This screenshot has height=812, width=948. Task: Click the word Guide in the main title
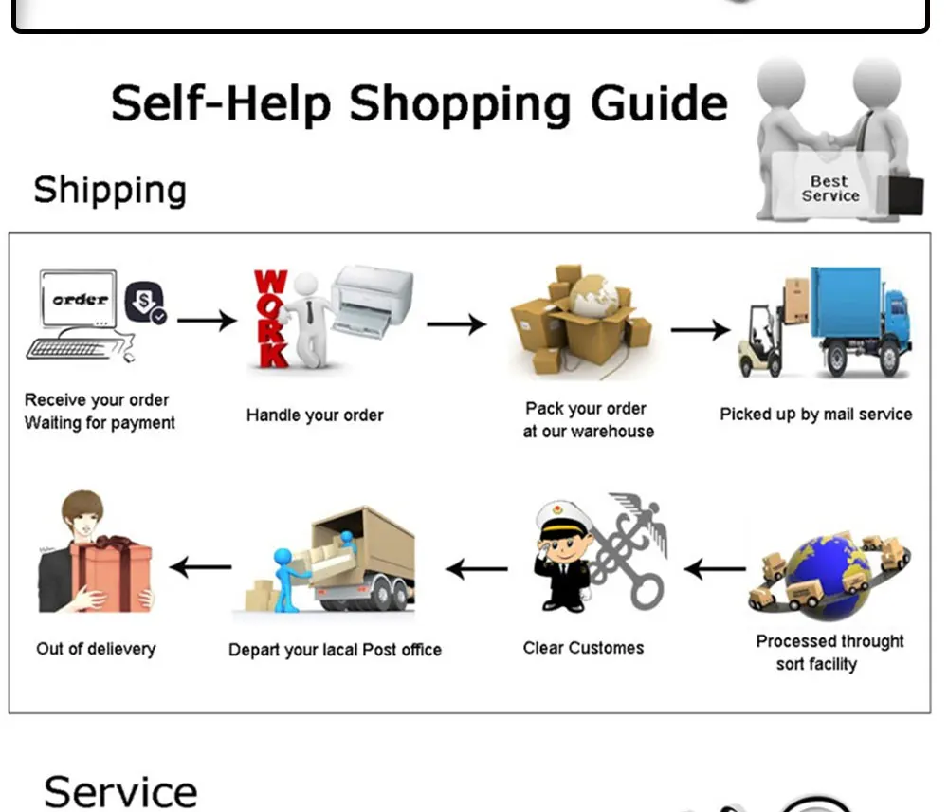659,104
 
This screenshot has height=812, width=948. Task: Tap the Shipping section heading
110,190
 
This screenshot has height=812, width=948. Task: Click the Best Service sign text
830,189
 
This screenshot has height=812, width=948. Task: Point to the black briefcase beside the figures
901,194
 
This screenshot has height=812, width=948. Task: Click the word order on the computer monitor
80,300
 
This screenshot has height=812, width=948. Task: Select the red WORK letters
270,319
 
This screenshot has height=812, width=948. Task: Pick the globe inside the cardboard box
594,296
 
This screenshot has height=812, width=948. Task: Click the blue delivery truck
861,321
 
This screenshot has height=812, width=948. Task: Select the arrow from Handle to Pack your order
457,324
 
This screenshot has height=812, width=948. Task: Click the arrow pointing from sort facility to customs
715,569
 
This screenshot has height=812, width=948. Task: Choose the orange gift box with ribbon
111,575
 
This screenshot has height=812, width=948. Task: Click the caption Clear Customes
583,648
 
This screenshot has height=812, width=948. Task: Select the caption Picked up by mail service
816,415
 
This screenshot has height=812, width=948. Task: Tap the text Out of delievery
96,649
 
